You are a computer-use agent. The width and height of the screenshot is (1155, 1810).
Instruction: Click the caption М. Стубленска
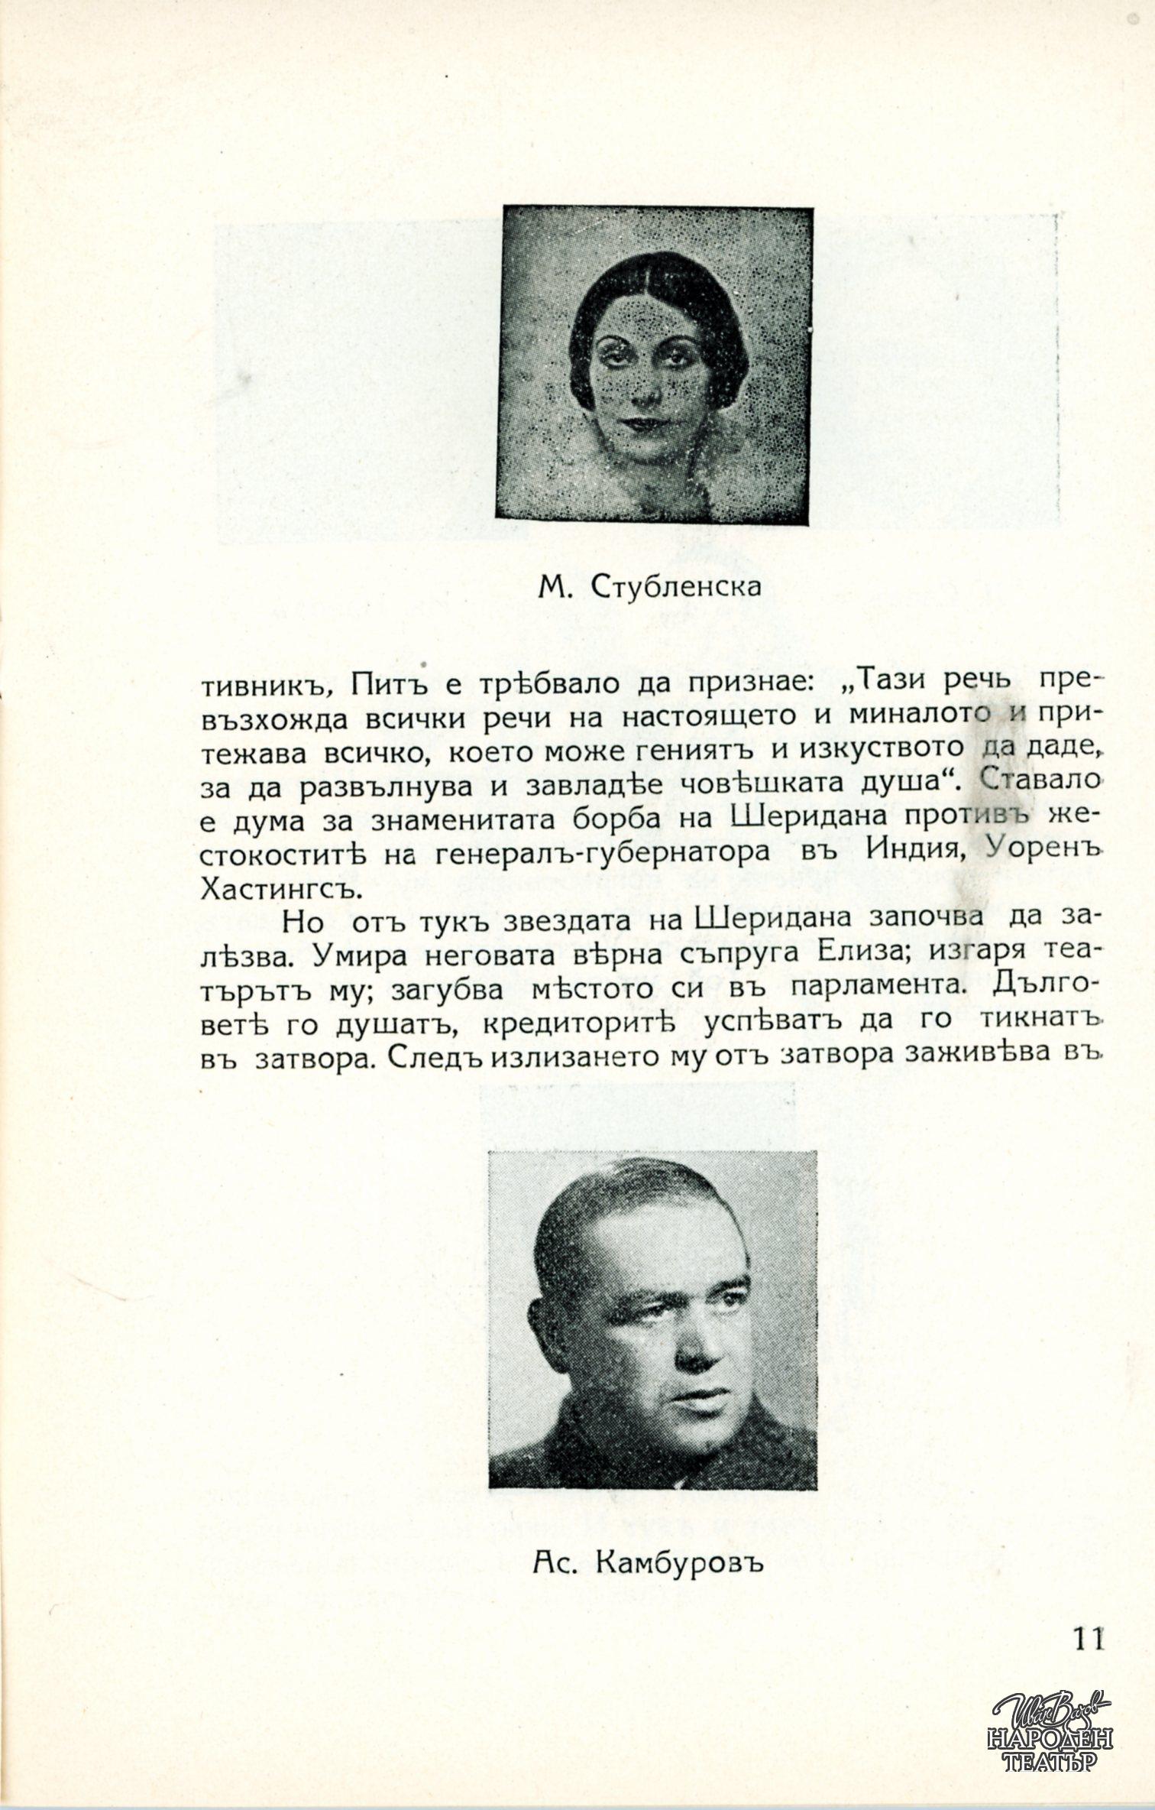tap(649, 587)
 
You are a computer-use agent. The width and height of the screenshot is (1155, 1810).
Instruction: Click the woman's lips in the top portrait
tap(643, 422)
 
